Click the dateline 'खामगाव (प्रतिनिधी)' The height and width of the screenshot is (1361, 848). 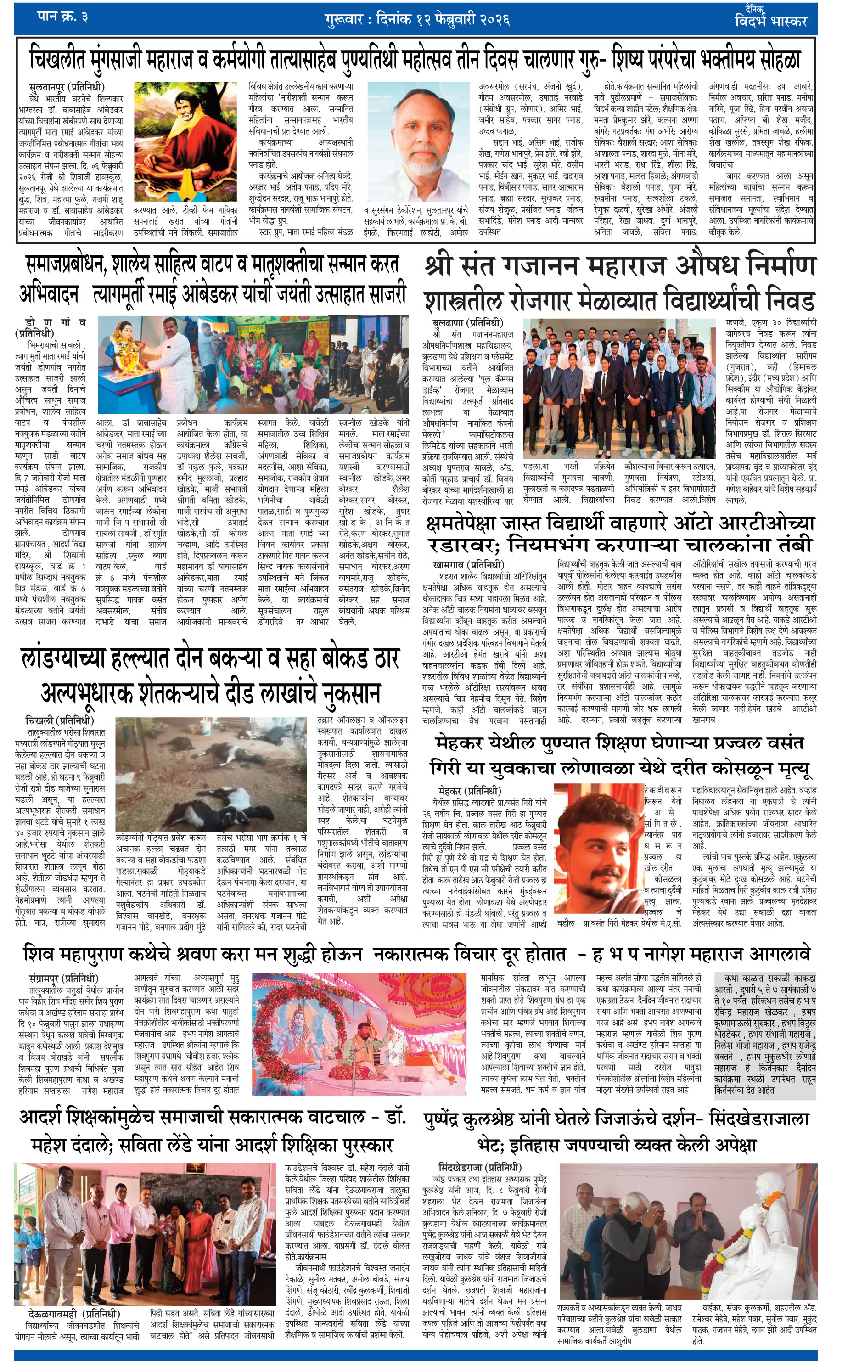coord(469,564)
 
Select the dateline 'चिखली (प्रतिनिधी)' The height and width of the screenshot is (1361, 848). coord(59,720)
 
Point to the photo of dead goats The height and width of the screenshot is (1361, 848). coord(211,774)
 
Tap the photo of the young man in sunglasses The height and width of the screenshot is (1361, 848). coord(598,849)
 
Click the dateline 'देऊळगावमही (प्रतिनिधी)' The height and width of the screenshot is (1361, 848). coord(74,1313)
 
